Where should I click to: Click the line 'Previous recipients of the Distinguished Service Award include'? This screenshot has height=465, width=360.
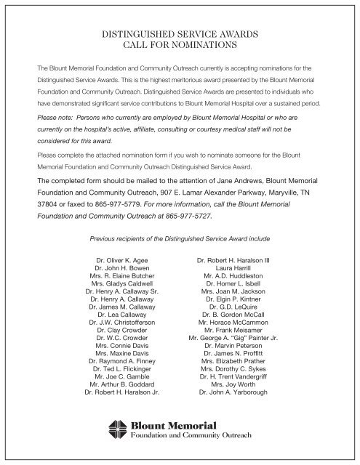[179, 238]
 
